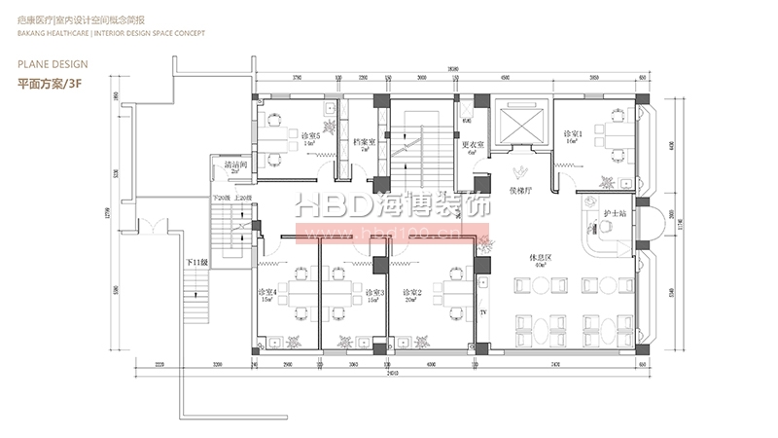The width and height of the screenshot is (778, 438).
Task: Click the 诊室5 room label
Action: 311,134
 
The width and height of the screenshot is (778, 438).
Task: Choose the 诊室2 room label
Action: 412,292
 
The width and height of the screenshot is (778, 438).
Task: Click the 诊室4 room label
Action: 267,292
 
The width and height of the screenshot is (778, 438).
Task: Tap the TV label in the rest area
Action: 483,311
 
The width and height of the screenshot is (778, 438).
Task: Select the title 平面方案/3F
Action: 48,84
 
